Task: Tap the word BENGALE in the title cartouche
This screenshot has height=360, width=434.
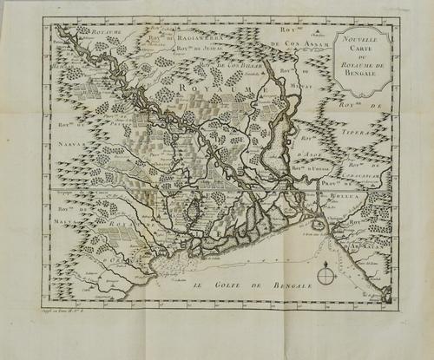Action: point(363,75)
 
